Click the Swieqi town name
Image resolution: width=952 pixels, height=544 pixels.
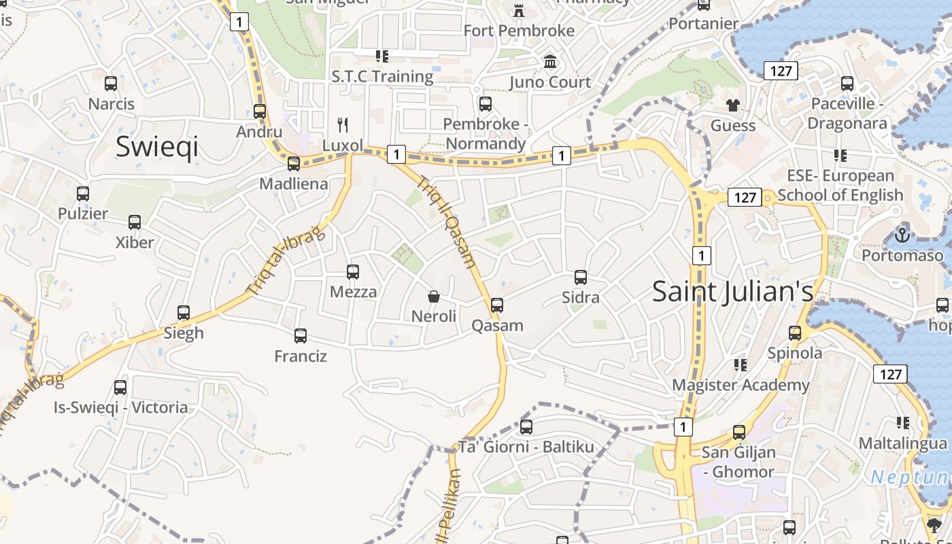point(156,146)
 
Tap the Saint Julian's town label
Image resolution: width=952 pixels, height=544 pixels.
point(732,291)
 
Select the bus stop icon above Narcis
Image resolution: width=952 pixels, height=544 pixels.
point(111,84)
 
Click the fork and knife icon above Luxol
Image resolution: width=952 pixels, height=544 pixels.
point(343,124)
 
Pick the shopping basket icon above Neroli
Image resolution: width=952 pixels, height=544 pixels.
point(433,296)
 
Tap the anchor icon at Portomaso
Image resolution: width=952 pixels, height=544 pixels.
point(902,235)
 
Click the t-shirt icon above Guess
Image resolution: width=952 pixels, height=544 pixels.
point(732,105)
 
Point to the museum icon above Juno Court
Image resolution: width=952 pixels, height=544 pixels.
point(550,63)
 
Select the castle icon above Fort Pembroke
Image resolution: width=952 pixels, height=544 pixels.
point(519,10)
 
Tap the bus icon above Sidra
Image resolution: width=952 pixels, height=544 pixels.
point(580,277)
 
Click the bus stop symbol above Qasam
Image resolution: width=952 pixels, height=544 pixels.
point(497,305)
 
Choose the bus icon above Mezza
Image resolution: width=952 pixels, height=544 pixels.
point(353,272)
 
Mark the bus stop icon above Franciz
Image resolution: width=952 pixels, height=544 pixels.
point(301,336)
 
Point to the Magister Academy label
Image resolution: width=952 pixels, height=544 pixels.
point(741,385)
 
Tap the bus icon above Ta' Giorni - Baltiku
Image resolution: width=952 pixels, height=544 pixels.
point(526,427)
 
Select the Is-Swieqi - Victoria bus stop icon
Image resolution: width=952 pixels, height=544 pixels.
point(120,388)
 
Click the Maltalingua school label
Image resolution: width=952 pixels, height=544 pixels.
point(902,443)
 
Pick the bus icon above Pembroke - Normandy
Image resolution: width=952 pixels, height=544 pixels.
point(485,104)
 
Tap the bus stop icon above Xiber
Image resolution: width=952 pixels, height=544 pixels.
point(135,222)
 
